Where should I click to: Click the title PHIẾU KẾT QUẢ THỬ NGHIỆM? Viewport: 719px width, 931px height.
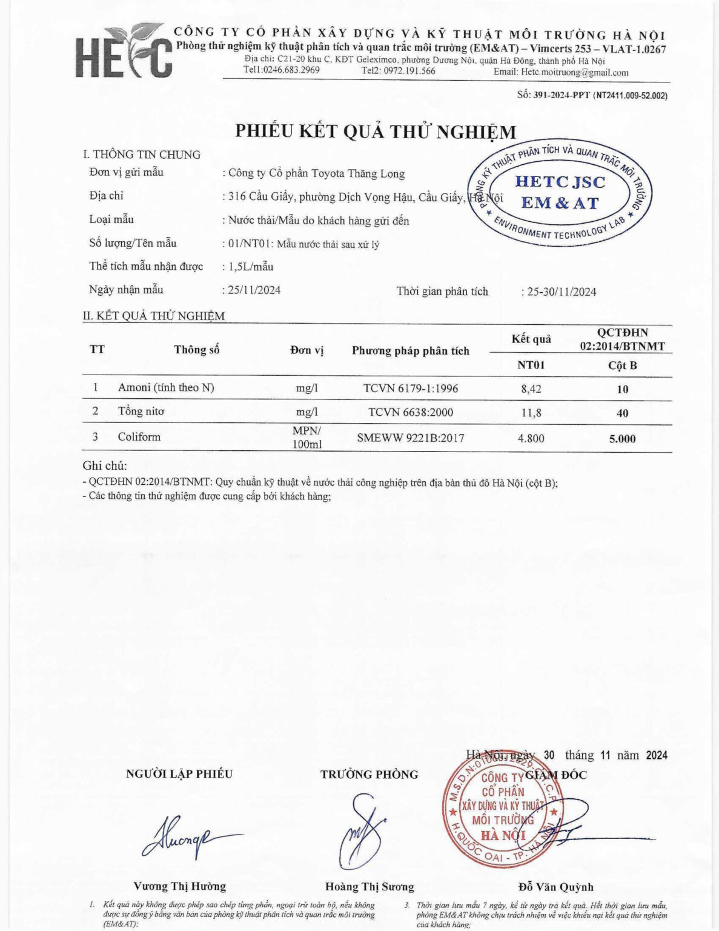click(376, 132)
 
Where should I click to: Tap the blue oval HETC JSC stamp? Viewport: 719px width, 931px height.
click(560, 193)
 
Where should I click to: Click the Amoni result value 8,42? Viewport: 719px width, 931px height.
click(531, 389)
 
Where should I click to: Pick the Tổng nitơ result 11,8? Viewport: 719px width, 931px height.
click(531, 413)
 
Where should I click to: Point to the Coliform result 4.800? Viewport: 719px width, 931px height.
click(531, 438)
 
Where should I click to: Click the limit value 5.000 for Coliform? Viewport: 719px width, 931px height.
click(622, 438)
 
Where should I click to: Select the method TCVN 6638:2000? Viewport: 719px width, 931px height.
click(411, 413)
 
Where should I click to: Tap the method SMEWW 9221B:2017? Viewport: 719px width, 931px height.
click(411, 438)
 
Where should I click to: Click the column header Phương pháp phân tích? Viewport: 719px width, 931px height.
click(411, 350)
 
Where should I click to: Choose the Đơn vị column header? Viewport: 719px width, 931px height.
click(306, 350)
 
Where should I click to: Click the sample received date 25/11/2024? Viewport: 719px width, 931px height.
click(254, 290)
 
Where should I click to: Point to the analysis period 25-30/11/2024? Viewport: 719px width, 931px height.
click(562, 292)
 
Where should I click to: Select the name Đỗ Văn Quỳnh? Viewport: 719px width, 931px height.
click(555, 887)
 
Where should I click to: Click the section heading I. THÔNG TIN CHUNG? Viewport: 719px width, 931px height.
click(142, 155)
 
